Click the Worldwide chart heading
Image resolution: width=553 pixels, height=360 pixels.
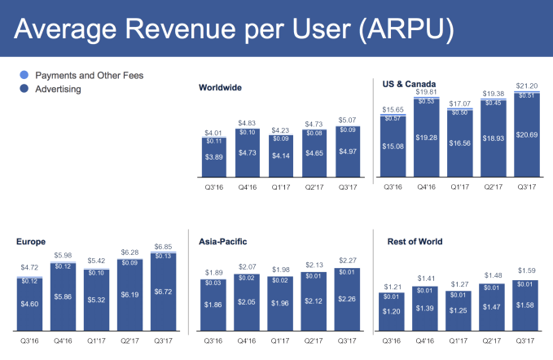tap(221, 87)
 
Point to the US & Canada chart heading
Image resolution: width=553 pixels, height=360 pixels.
tap(409, 83)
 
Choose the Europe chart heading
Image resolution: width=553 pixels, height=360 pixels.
tap(32, 241)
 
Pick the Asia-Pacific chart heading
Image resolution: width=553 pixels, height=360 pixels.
tap(224, 241)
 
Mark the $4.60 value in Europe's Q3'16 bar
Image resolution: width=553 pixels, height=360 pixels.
tap(29, 303)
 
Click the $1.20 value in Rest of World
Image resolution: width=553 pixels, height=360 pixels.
tap(394, 311)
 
